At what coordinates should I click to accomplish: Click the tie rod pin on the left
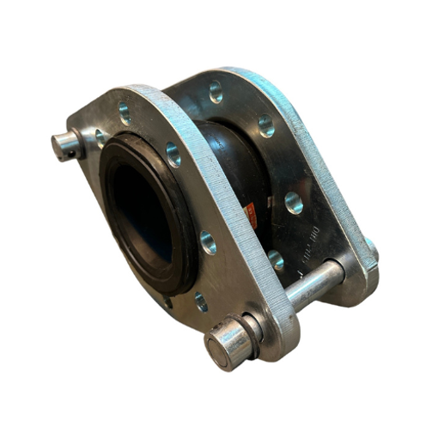[x=67, y=145]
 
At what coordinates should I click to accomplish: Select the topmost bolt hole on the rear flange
[x=215, y=88]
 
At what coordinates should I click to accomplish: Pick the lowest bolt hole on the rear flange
[x=276, y=259]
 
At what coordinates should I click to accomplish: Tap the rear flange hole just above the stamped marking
[x=294, y=204]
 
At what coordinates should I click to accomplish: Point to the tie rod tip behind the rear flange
[x=370, y=250]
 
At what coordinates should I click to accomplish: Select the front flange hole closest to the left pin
[x=101, y=136]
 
